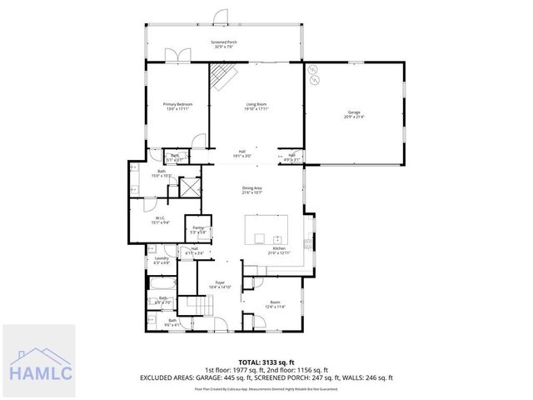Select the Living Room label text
255,106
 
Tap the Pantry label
198,229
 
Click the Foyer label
220,285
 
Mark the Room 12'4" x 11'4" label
276,304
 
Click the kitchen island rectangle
266,226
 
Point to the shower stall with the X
191,187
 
